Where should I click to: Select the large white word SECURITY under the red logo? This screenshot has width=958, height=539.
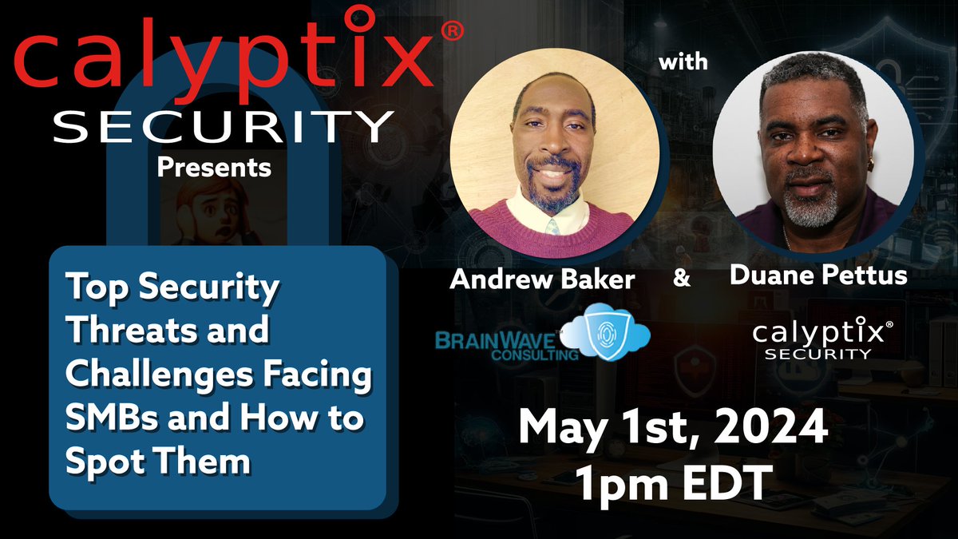click(x=224, y=128)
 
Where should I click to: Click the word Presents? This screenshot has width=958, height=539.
click(x=213, y=168)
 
